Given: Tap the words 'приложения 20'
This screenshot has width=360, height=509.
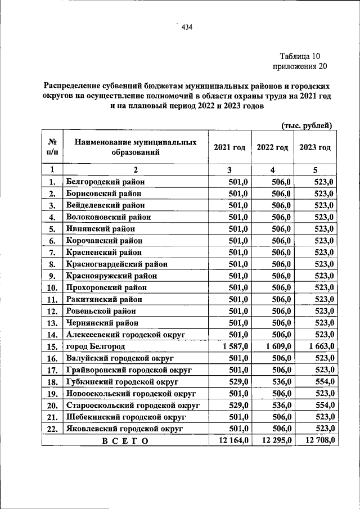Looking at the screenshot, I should (x=299, y=66).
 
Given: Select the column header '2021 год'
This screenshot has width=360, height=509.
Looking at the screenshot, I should (x=229, y=147).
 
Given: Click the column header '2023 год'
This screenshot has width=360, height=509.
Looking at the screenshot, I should (x=315, y=147).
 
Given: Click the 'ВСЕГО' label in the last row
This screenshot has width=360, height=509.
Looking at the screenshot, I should (x=125, y=441).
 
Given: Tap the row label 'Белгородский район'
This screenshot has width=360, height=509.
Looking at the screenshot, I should (x=105, y=181).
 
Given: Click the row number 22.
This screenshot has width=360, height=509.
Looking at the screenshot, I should (x=52, y=429).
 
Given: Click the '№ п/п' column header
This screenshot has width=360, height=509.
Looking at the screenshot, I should (x=52, y=147).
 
